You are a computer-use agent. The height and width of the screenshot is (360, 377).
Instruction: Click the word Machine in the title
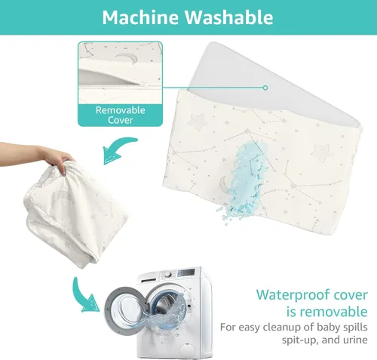(x=141, y=17)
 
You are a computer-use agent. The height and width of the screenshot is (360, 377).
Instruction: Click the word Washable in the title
(x=229, y=17)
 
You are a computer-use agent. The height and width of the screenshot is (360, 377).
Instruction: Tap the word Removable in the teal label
(x=121, y=110)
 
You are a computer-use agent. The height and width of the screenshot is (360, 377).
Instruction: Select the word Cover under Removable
(x=121, y=120)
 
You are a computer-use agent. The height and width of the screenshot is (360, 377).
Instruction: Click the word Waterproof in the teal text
(x=294, y=294)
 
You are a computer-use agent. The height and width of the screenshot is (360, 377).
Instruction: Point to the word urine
(x=354, y=340)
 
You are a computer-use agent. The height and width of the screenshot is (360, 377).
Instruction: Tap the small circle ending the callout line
(x=265, y=88)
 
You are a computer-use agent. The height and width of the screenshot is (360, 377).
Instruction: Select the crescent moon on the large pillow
(x=224, y=184)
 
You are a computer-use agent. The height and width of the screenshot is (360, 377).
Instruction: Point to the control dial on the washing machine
(x=167, y=274)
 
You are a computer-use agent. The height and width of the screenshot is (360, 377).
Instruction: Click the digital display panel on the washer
(x=186, y=272)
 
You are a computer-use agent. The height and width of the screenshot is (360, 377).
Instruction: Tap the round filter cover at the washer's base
(x=188, y=350)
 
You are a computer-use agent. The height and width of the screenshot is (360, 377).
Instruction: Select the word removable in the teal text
(x=327, y=312)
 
